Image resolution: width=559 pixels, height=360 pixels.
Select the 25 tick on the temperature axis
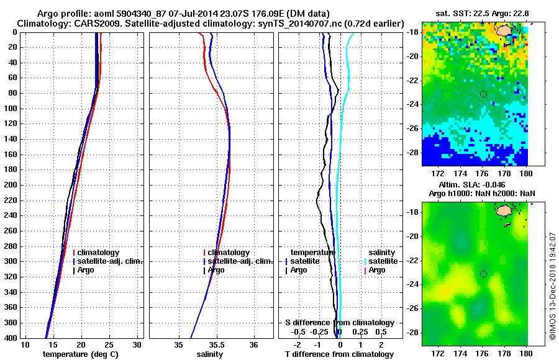[x=109, y=344]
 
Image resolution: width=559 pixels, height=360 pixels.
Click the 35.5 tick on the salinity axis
[x=217, y=344]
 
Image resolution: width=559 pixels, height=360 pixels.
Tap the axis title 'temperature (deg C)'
[x=81, y=354]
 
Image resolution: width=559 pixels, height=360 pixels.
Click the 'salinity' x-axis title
[x=211, y=354]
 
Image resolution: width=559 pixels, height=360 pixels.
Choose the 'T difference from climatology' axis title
[x=339, y=354]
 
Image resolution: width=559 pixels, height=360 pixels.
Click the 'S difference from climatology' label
[x=339, y=323]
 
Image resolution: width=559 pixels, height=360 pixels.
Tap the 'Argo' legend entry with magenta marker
[x=377, y=270]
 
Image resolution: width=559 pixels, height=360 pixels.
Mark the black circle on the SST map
[x=483, y=94]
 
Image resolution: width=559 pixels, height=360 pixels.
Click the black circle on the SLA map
[x=483, y=274]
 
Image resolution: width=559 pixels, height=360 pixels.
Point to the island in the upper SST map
[x=504, y=29]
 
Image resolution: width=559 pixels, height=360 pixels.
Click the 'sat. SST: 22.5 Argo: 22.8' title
[x=475, y=14]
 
